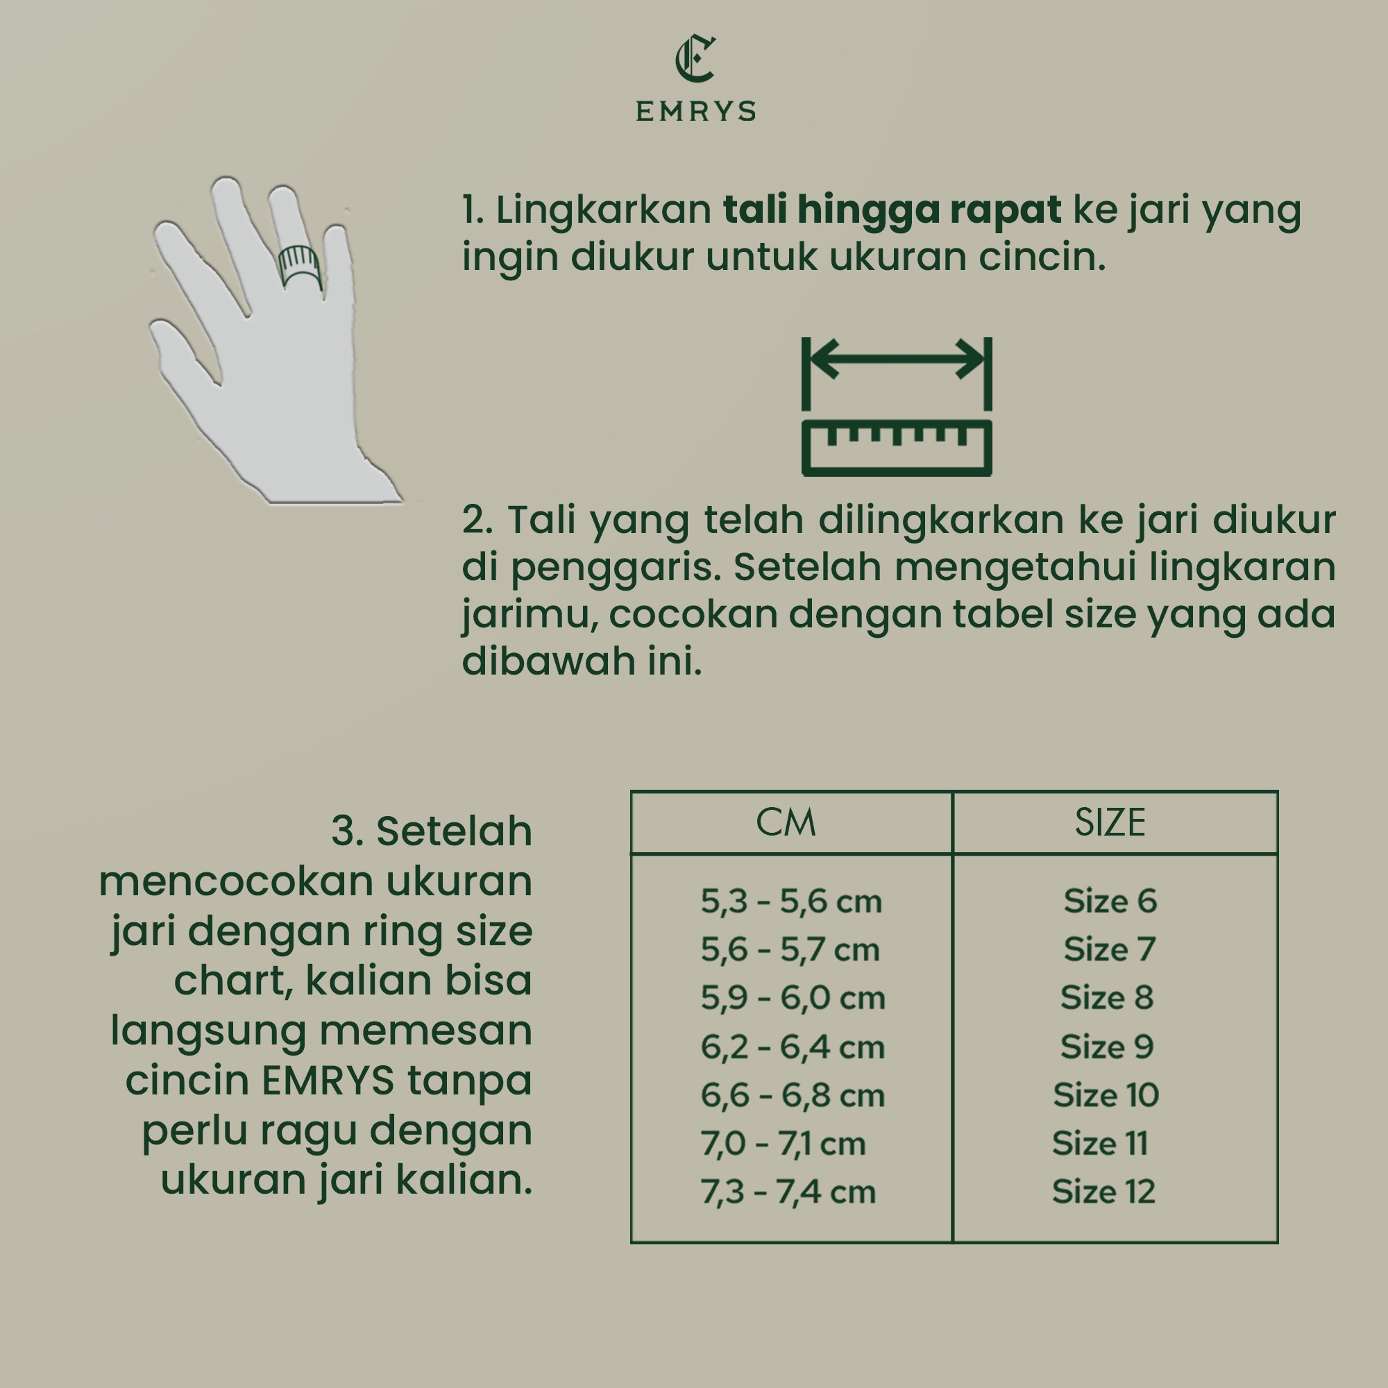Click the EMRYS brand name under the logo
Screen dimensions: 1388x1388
[x=695, y=111]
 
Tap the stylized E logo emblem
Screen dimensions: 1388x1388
[x=695, y=59]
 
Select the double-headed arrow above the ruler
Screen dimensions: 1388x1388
[x=897, y=359]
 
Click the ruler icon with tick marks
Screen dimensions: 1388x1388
[x=897, y=448]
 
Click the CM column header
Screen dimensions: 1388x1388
[x=786, y=822]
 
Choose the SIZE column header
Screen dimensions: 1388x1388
[x=1110, y=822]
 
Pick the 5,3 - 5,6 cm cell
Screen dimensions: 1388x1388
[x=791, y=902]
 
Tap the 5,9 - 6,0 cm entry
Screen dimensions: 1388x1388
[x=793, y=998]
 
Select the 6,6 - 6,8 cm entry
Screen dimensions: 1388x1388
[x=793, y=1096]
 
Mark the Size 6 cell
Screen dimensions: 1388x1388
[x=1110, y=901]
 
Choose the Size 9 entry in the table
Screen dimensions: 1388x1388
[x=1106, y=1047]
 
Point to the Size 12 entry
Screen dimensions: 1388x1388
[x=1103, y=1192]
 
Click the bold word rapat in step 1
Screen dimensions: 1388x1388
[x=1005, y=210]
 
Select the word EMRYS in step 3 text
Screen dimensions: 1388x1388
[x=328, y=1081]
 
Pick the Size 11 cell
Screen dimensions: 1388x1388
[x=1100, y=1143]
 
